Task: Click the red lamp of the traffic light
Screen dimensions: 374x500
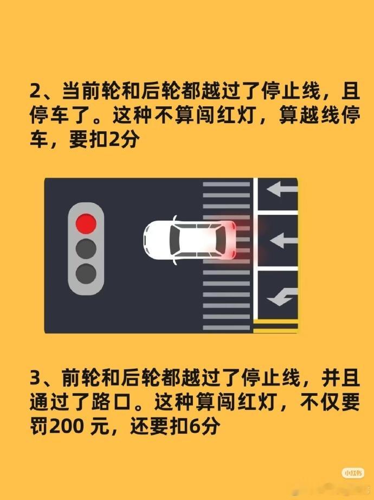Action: (x=86, y=223)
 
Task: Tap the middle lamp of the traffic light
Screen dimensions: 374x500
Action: (x=86, y=248)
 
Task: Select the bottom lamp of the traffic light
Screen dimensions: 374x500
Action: (x=86, y=274)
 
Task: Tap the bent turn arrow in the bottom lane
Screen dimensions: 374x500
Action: (x=282, y=297)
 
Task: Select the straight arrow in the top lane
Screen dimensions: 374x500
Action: (x=282, y=189)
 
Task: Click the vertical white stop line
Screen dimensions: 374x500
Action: (x=255, y=249)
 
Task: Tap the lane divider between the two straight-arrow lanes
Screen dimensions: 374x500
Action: (x=278, y=212)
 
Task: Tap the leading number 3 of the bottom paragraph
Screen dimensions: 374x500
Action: (x=35, y=379)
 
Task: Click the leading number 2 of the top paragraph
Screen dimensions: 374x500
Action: (x=35, y=91)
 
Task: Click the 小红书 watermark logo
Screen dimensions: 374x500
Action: (x=353, y=472)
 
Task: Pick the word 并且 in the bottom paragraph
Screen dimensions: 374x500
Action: (x=340, y=379)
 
